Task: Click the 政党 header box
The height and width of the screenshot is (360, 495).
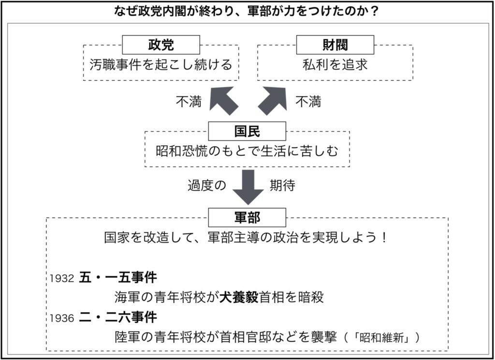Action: [x=160, y=45]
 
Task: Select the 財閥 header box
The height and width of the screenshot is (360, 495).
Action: [x=335, y=45]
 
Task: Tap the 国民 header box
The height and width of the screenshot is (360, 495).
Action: [x=247, y=131]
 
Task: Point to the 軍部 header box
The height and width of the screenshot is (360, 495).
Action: [x=247, y=217]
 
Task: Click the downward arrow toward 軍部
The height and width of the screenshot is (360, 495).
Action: [x=248, y=187]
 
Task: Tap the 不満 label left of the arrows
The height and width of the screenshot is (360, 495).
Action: [x=189, y=102]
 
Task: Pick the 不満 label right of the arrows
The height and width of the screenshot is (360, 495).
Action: [x=308, y=102]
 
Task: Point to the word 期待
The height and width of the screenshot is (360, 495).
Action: [x=282, y=186]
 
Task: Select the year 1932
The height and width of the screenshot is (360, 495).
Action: [x=61, y=278]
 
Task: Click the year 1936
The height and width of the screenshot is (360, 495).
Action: [x=61, y=318]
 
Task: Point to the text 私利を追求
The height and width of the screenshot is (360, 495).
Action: [x=335, y=64]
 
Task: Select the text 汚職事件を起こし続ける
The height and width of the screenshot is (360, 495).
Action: [x=161, y=64]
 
